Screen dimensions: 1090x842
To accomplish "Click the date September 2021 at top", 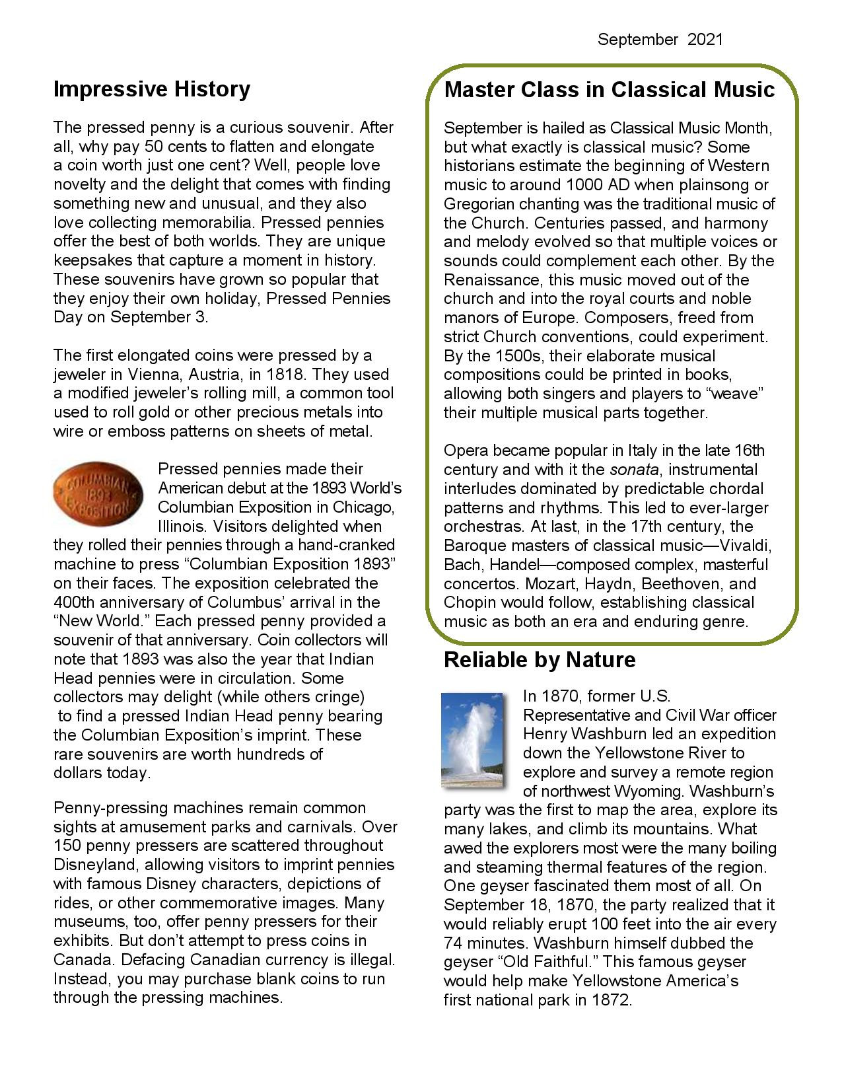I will pyautogui.click(x=660, y=40).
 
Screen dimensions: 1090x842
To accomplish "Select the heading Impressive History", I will pyautogui.click(x=152, y=89).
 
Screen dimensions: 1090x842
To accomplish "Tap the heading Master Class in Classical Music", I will pyautogui.click(x=609, y=89).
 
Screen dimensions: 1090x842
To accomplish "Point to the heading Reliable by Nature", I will pyautogui.click(x=540, y=659).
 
